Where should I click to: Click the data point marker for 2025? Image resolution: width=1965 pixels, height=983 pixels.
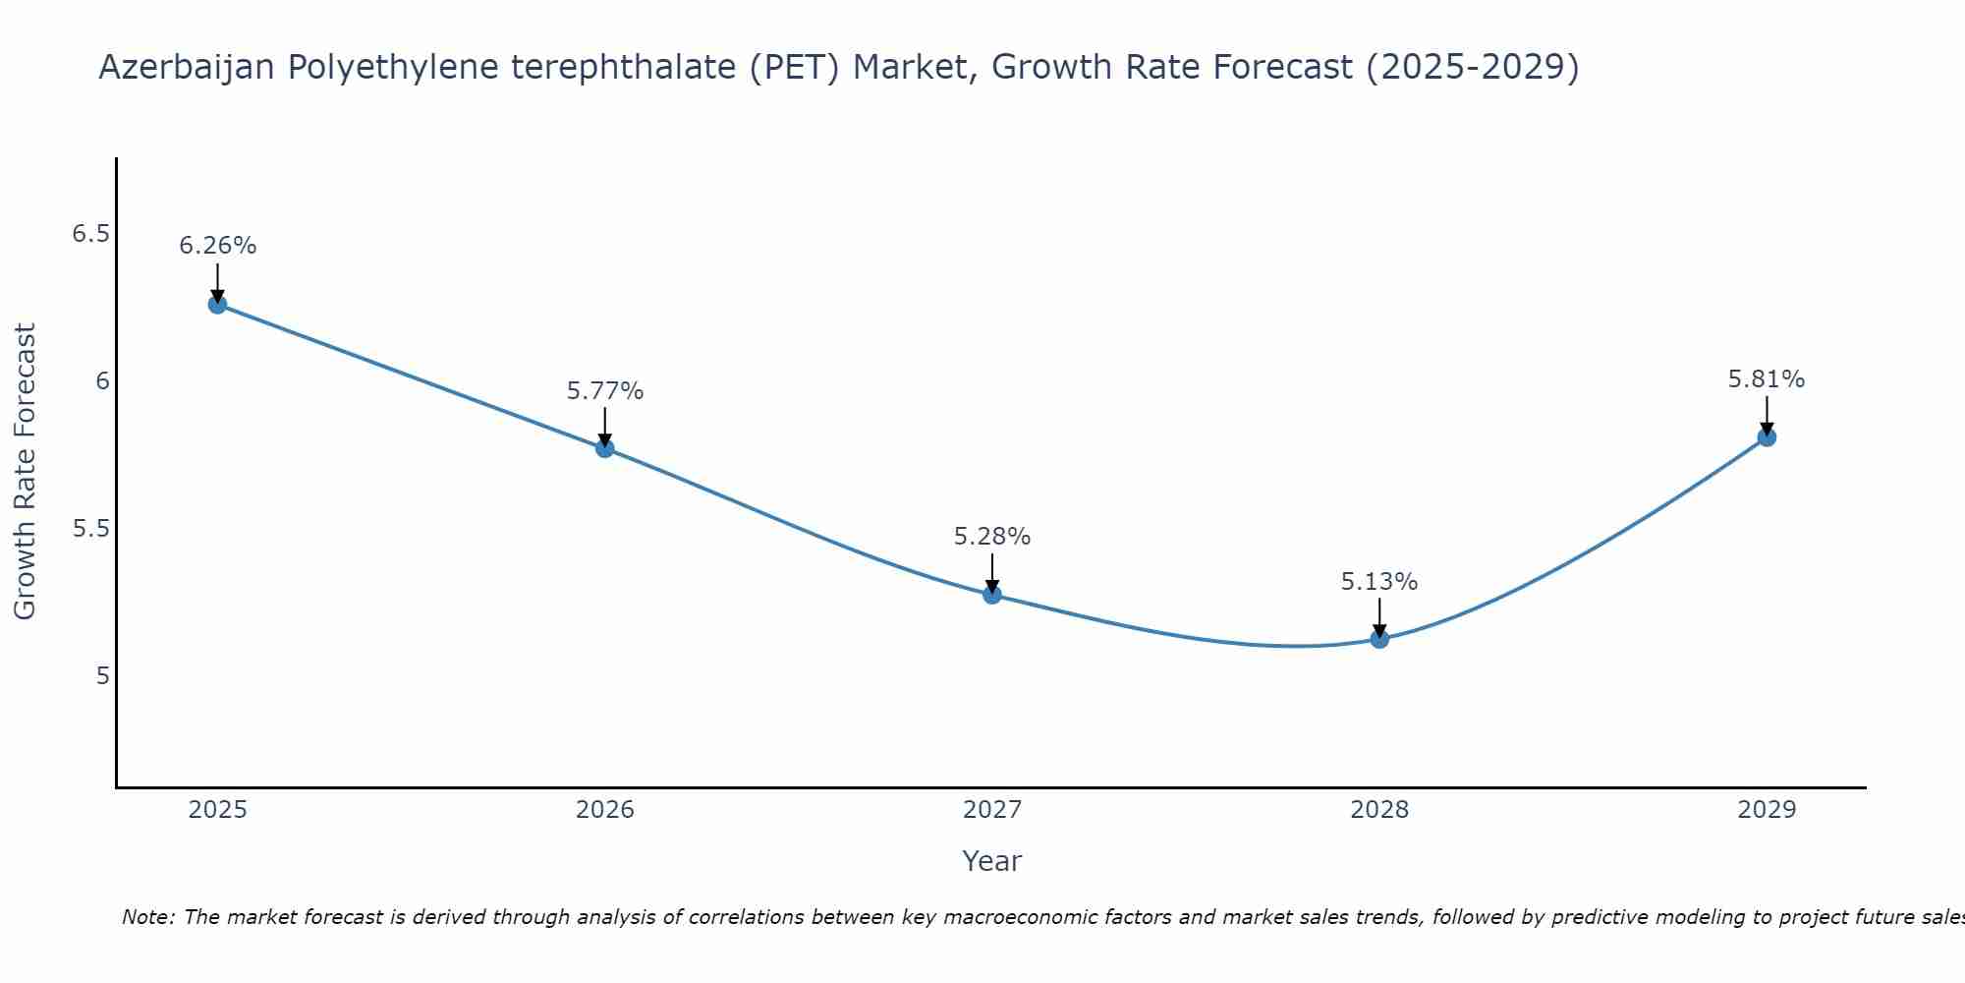217,305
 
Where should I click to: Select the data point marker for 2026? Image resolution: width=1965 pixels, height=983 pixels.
605,448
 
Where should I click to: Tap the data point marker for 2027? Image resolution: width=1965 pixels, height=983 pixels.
992,595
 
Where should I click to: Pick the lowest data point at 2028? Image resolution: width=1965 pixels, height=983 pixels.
1379,639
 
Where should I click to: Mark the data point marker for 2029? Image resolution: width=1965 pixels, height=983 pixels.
1767,437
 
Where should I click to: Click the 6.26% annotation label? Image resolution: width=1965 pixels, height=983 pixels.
217,246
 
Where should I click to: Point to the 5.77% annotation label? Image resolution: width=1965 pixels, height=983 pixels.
605,391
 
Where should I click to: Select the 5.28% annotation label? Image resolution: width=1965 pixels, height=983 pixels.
992,537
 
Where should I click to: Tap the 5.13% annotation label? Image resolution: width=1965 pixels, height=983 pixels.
1379,582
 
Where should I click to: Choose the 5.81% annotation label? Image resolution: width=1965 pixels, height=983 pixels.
1767,379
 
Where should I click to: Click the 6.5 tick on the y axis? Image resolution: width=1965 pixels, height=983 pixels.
90,234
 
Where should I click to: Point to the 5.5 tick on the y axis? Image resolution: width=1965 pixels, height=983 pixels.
90,529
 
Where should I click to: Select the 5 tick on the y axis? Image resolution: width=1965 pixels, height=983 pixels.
102,676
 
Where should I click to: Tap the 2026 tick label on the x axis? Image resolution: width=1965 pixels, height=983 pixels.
605,810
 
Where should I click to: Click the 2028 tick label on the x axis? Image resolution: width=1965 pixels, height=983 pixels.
1379,810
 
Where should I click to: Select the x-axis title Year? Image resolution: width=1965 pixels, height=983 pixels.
992,861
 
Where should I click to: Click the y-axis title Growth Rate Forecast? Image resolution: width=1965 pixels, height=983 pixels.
25,472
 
